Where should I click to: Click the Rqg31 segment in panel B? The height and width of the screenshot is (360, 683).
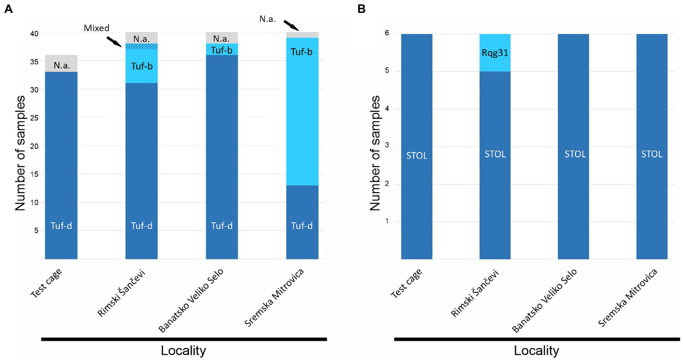[x=495, y=53]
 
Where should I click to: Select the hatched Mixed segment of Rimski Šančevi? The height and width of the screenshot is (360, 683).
[x=141, y=46]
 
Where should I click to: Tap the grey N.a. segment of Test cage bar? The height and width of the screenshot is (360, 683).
[x=61, y=64]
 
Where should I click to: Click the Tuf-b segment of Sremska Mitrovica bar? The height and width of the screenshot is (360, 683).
[x=302, y=111]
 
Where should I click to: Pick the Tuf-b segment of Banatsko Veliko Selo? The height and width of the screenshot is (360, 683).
[x=222, y=49]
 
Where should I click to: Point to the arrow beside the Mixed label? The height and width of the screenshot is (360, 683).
[x=114, y=41]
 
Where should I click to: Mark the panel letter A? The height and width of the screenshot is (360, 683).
[x=8, y=9]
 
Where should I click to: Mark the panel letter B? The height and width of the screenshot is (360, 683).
[x=361, y=9]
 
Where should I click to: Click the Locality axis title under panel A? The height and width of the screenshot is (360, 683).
[x=183, y=351]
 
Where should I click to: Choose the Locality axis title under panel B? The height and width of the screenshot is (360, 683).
[x=536, y=351]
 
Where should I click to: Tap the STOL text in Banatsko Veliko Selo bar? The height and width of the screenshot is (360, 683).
[x=575, y=154]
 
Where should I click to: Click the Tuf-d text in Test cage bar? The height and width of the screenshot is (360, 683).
[x=61, y=226]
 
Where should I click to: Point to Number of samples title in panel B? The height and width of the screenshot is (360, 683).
[x=375, y=153]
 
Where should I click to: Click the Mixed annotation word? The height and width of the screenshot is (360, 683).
[x=97, y=28]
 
